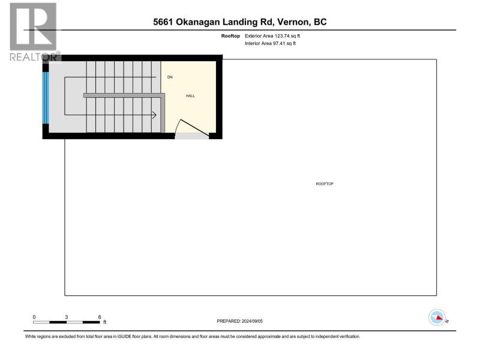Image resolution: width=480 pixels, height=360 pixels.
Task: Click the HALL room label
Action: pos(190,96)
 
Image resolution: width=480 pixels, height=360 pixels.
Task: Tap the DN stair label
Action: pos(170,77)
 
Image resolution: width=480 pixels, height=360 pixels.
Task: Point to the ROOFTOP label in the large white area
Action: pos(325,184)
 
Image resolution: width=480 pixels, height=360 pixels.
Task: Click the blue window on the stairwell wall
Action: pos(46,98)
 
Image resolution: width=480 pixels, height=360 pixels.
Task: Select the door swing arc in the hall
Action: pos(178,125)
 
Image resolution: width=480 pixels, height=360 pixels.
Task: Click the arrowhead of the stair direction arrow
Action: pos(154,115)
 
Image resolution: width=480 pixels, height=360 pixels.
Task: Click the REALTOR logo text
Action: pos(34,56)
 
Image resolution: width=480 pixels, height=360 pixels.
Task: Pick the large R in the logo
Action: pos(33,26)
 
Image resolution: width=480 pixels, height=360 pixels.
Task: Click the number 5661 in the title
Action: pos(163,22)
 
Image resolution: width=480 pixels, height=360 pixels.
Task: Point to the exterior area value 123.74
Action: pos(282,36)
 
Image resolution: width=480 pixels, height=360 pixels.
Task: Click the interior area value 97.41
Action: pos(279,43)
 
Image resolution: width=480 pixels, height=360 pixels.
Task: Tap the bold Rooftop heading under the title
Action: pos(230,36)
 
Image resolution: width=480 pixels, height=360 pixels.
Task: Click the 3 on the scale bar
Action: pos(66,317)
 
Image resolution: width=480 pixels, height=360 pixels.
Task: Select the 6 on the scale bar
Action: pos(100,317)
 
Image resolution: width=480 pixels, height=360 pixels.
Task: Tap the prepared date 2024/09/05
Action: pos(252,321)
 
